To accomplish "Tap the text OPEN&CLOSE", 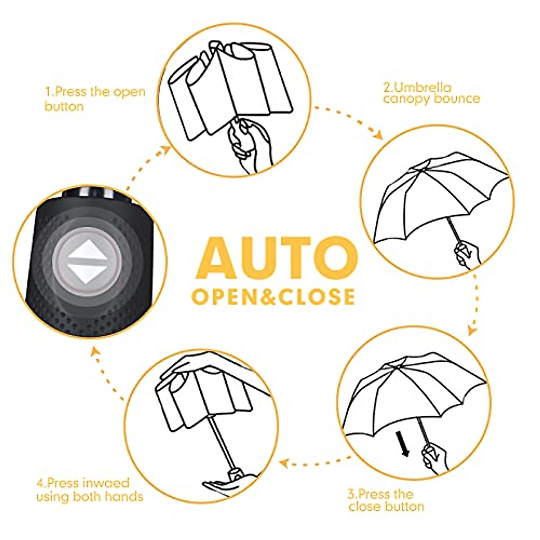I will (274, 297).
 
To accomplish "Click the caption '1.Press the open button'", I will (95, 99).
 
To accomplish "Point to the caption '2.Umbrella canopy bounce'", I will (431, 93).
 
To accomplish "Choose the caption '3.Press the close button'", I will (386, 500).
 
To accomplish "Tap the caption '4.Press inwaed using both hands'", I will (90, 490).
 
